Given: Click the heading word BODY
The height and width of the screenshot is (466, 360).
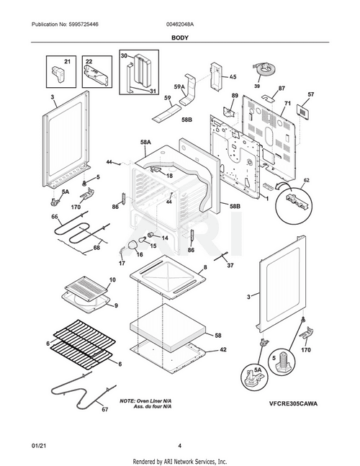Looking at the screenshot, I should click(179, 36).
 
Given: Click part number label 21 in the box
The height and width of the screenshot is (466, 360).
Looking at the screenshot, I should click(68, 62).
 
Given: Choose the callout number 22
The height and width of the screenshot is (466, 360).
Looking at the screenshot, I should click(89, 62).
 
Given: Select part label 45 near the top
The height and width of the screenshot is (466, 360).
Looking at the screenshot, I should click(233, 77).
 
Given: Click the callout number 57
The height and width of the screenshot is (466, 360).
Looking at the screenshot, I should click(310, 94).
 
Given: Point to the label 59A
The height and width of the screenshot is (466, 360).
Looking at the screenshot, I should click(179, 87).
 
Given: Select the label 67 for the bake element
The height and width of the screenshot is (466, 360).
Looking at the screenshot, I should click(104, 410).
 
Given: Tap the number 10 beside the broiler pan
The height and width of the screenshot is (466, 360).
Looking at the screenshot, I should click(112, 279).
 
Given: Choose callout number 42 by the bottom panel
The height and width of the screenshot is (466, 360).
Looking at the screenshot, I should click(222, 349).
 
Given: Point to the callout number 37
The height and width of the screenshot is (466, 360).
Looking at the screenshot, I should click(230, 265).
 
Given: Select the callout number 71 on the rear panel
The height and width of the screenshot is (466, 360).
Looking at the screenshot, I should click(286, 104).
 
